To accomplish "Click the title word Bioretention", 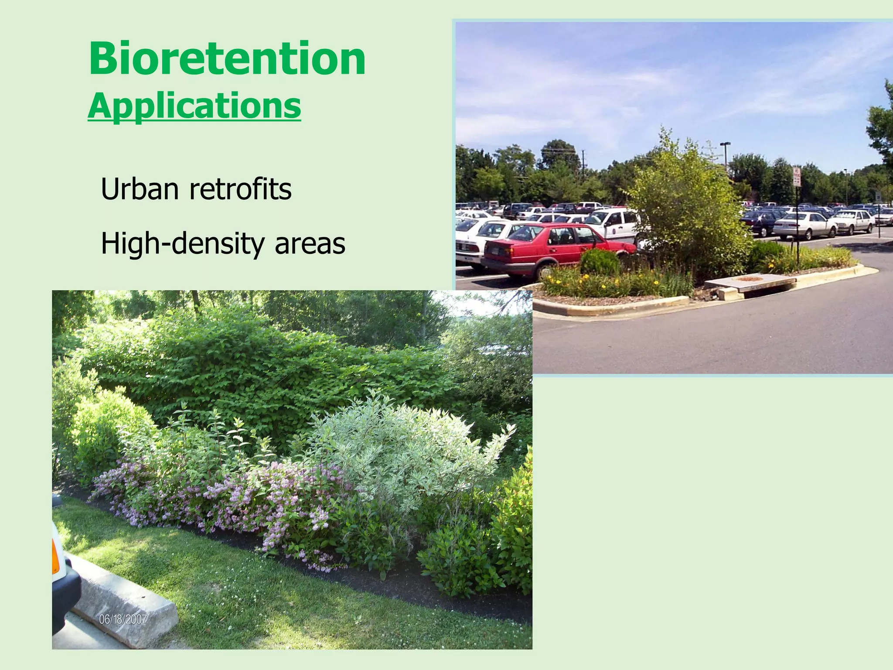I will (x=227, y=59).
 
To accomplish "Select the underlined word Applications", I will (x=194, y=106).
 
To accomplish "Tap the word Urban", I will (x=140, y=189).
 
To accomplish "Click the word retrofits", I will (x=240, y=189).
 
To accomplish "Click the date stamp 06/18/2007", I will (x=123, y=619).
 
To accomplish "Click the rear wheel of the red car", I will (x=545, y=271).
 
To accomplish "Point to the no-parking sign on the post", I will (x=797, y=177).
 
